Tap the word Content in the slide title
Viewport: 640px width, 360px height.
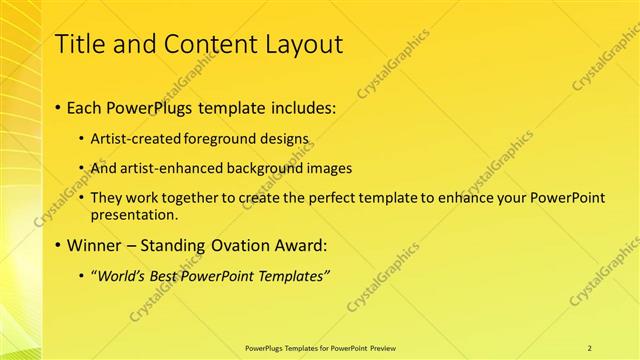(x=202, y=44)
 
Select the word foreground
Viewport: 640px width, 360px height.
(x=223, y=138)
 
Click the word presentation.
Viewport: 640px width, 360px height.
(x=134, y=214)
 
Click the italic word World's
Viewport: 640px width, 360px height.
(x=121, y=276)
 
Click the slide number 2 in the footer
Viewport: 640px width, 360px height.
(x=590, y=347)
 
